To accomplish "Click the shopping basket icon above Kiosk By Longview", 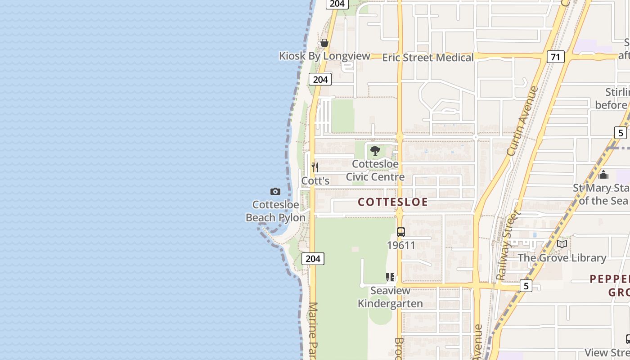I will pos(324,43).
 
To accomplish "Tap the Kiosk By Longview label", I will pos(324,56).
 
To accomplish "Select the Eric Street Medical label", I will pos(428,58).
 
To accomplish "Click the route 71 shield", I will pos(556,57).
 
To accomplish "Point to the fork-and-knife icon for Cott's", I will pos(315,167).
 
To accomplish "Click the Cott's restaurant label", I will pos(315,181).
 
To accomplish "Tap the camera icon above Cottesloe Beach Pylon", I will pos(275,192).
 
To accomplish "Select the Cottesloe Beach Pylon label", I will pos(275,211).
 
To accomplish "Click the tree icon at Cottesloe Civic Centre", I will pos(375,151).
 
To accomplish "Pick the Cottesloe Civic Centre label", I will pos(375,171).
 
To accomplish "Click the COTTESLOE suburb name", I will pos(393,202).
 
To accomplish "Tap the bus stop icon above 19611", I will pos(400,232).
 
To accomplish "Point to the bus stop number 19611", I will pos(401,245).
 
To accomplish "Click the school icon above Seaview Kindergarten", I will pos(390,277).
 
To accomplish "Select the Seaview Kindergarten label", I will pos(390,297).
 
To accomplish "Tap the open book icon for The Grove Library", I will pos(562,244).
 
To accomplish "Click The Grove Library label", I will pos(562,258).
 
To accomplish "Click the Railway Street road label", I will pos(507,245).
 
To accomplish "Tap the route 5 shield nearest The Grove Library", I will pos(526,286).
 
